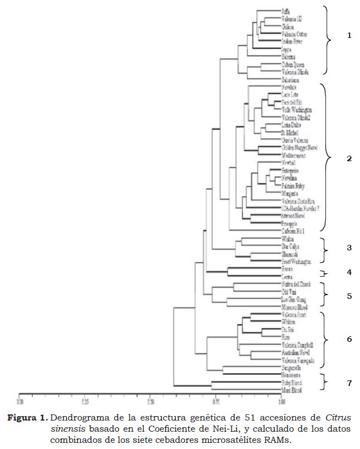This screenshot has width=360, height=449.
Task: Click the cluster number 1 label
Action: (349, 36)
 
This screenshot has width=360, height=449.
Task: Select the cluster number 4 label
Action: (349, 273)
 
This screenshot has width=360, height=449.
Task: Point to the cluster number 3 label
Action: (349, 247)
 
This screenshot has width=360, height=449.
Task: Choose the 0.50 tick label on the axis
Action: (150, 400)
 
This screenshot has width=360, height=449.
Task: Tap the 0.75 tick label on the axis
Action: (215, 400)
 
